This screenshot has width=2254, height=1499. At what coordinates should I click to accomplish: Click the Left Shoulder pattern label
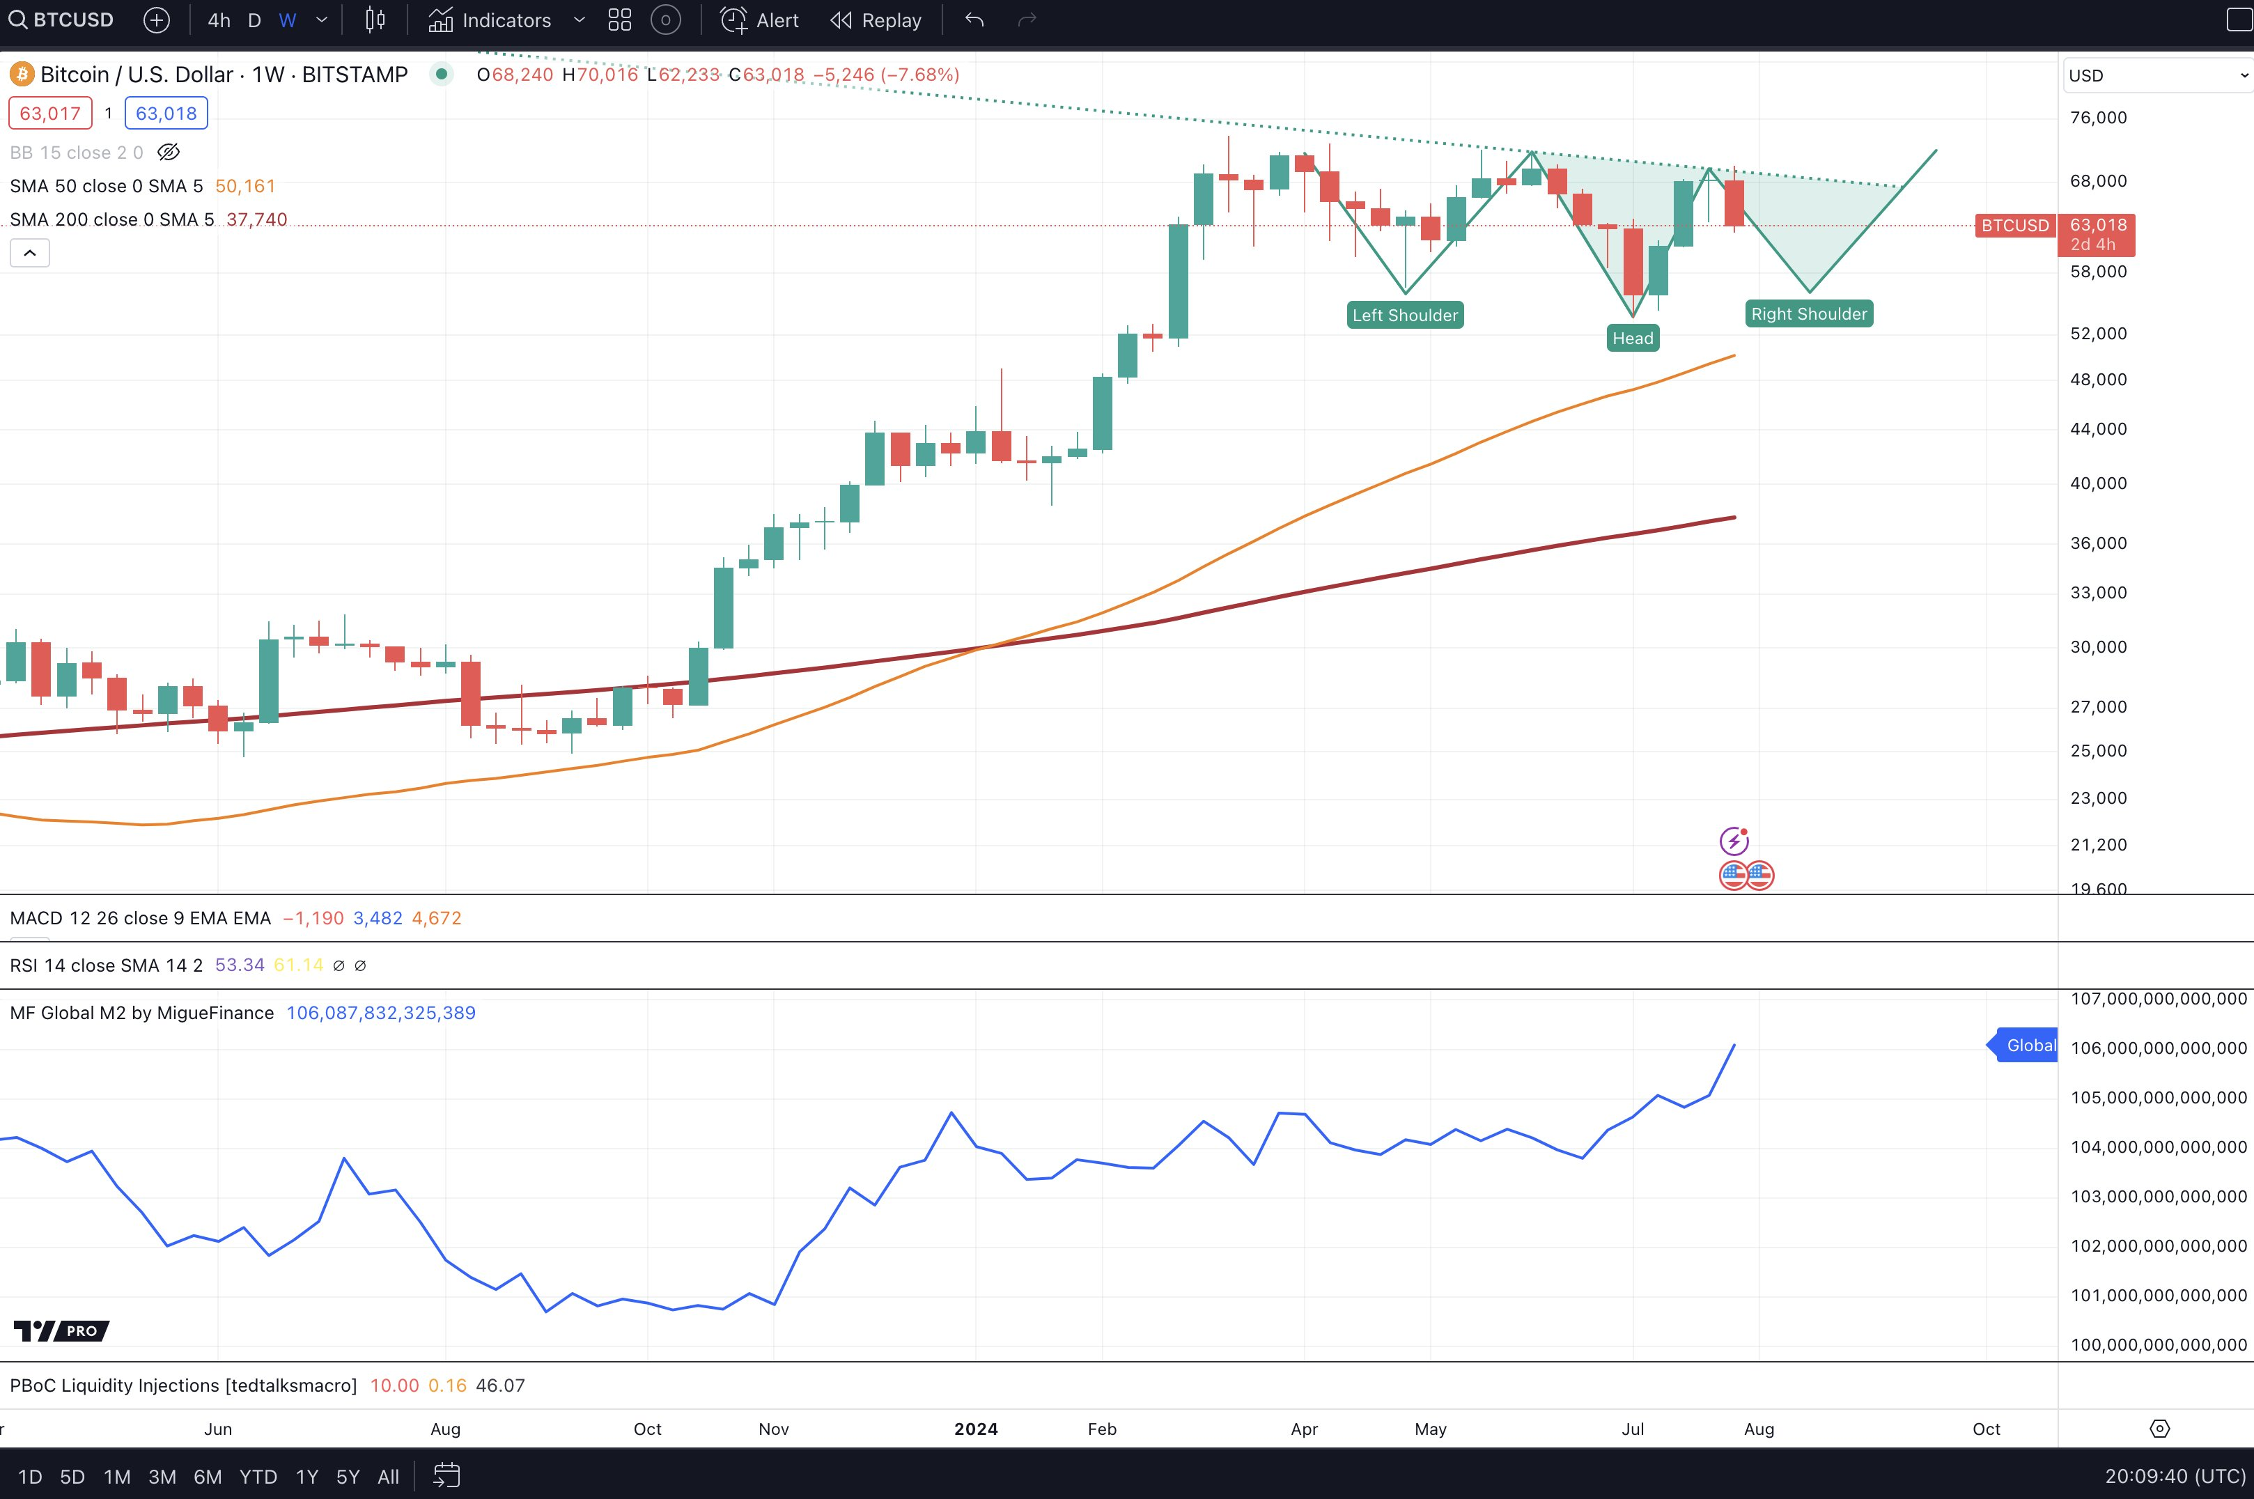click(x=1404, y=316)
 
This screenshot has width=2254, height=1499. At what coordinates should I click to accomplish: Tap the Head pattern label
click(x=1632, y=339)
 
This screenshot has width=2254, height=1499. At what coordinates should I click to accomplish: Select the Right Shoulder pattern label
click(x=1808, y=315)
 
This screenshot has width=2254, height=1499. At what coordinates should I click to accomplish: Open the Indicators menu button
click(x=490, y=20)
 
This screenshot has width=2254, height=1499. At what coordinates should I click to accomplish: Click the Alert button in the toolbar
click(x=760, y=20)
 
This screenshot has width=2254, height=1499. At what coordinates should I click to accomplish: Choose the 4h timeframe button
click(x=219, y=20)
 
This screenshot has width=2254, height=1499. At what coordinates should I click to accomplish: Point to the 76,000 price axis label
click(x=2098, y=118)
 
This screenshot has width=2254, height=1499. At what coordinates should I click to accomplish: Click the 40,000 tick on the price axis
click(x=2098, y=483)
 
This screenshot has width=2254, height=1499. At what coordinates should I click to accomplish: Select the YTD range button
click(x=258, y=1477)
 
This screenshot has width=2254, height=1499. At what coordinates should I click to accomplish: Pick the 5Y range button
click(x=348, y=1477)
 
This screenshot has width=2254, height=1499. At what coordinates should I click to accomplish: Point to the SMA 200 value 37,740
click(x=256, y=220)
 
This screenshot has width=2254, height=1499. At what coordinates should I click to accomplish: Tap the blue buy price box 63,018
click(x=166, y=114)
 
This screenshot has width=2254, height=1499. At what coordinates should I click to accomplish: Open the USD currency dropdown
click(x=2156, y=75)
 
